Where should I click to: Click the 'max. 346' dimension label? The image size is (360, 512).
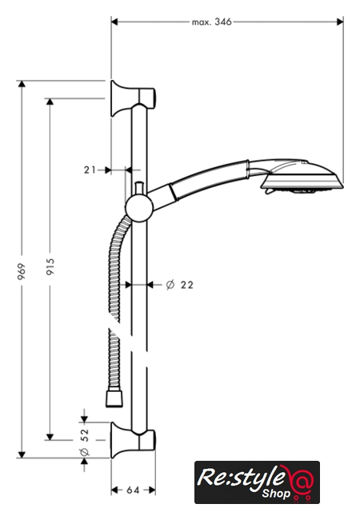point(212,22)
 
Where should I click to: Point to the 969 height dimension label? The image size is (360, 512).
point(22,271)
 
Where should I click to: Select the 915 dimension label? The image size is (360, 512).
point(50,266)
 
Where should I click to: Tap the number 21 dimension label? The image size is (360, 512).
point(90,170)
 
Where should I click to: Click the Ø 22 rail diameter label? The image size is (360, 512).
point(179,285)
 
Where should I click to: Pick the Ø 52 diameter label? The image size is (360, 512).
point(84,442)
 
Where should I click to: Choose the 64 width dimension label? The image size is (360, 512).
point(133,490)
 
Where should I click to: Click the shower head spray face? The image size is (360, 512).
point(302,185)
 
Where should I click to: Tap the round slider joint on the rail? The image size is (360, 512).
point(139,208)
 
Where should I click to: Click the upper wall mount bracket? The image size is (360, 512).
point(132,98)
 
